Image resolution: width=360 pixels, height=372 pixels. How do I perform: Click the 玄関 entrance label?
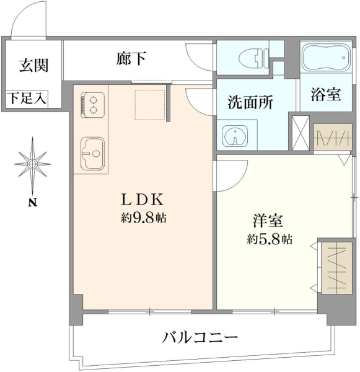click(x=34, y=65)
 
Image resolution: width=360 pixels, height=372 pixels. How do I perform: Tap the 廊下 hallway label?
click(x=131, y=58)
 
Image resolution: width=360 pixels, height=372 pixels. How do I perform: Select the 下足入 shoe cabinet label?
click(x=27, y=98)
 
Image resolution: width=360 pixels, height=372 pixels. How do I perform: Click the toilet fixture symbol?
click(x=253, y=58)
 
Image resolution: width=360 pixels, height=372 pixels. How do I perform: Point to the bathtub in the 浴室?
click(x=326, y=57)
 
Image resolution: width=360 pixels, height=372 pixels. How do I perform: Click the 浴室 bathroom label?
click(x=326, y=94)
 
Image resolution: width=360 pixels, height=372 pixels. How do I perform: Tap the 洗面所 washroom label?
click(x=250, y=102)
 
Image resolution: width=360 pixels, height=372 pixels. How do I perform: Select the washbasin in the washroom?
click(x=235, y=135)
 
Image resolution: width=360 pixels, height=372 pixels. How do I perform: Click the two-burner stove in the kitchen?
click(x=92, y=105)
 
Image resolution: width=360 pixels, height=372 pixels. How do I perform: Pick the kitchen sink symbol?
click(x=92, y=154)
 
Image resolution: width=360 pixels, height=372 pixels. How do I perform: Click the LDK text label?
click(x=143, y=200)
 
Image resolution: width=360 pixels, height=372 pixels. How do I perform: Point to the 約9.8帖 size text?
click(x=144, y=218)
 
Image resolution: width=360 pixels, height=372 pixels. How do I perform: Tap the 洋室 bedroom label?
click(x=268, y=221)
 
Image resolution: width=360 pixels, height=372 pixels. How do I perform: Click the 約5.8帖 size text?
click(x=270, y=239)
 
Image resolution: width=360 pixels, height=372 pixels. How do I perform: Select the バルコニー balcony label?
click(x=200, y=338)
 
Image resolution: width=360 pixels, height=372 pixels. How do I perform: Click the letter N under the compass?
click(x=33, y=203)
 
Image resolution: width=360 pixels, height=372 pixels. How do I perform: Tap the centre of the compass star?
click(x=32, y=164)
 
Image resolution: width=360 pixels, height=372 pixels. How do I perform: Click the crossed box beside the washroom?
click(x=301, y=133)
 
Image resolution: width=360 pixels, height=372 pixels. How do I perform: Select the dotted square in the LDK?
click(x=150, y=105)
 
